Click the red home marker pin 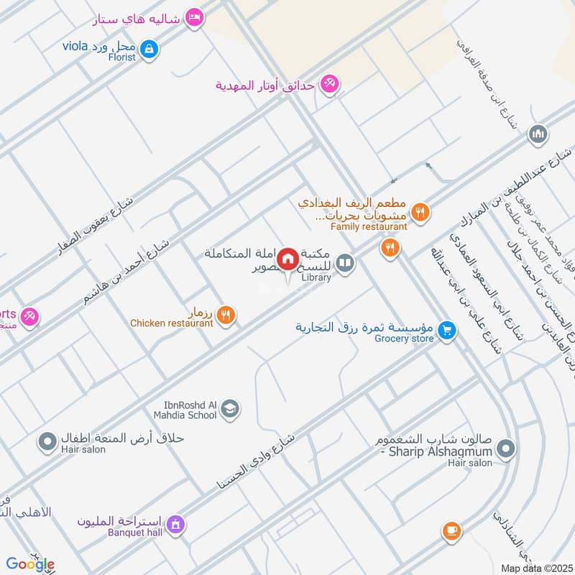(x=288, y=257)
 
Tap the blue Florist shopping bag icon (x=149, y=50)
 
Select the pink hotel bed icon (x=193, y=17)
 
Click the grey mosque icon (x=538, y=134)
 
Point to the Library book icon (x=346, y=264)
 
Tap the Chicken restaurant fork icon (x=226, y=315)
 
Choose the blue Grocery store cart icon (x=448, y=331)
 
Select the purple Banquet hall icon (x=175, y=526)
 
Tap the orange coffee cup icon (x=451, y=531)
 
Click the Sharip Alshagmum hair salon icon (x=506, y=450)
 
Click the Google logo (x=30, y=564)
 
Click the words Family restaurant (x=369, y=226)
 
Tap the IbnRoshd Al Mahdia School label (x=185, y=410)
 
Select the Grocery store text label (x=403, y=338)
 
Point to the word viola (x=74, y=47)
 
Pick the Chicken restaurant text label (x=171, y=323)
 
